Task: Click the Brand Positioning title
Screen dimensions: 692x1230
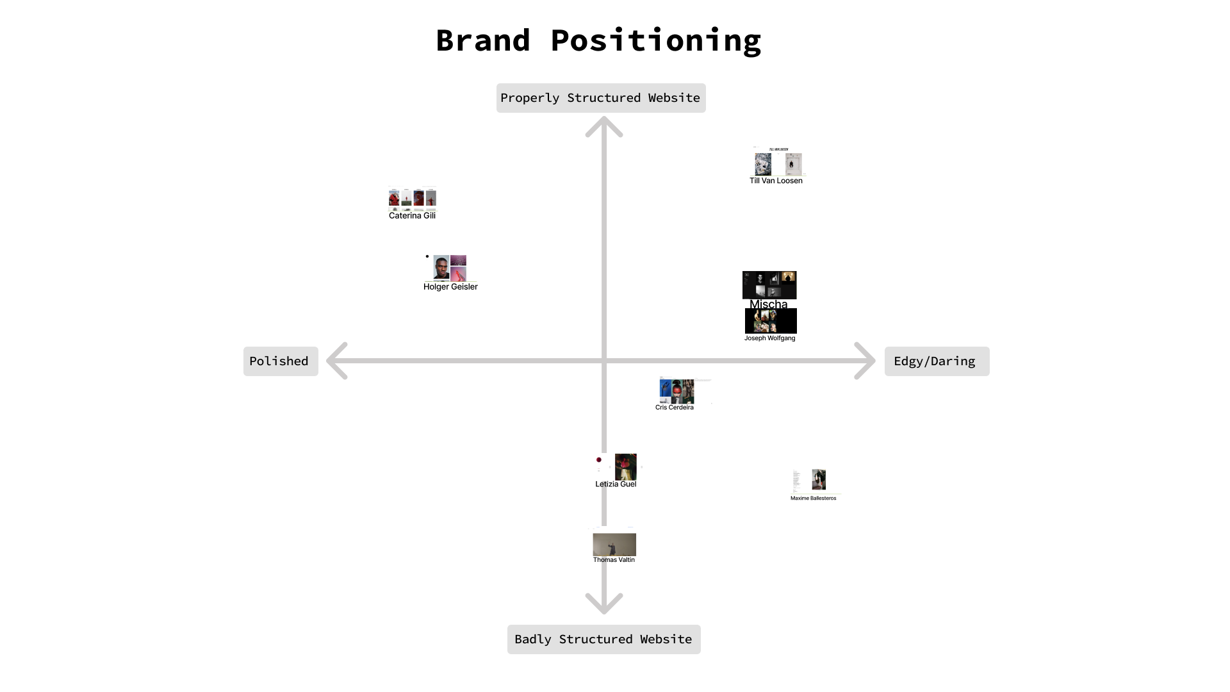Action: tap(598, 40)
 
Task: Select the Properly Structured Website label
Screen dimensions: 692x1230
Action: tap(600, 98)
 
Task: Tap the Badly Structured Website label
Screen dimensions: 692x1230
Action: tap(603, 639)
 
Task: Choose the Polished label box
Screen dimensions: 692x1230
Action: tap(280, 361)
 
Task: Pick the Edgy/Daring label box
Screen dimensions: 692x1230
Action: tap(936, 361)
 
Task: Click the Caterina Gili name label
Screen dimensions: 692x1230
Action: tap(412, 216)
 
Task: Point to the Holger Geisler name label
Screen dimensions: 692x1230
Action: tap(450, 287)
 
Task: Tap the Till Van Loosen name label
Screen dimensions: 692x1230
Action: tap(776, 181)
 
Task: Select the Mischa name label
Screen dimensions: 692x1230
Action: tap(768, 304)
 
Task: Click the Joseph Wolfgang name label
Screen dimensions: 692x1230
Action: tap(769, 338)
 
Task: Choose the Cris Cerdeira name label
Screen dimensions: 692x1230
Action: tap(674, 408)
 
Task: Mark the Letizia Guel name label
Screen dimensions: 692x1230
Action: tap(616, 484)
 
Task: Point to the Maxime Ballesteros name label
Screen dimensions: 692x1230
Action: tap(813, 498)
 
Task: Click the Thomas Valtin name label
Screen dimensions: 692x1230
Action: tap(614, 560)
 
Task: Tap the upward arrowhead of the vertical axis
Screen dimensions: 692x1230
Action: tap(604, 125)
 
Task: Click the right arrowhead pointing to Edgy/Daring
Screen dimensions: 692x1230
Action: tap(866, 361)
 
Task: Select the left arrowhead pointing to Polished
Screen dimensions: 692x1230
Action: tap(336, 361)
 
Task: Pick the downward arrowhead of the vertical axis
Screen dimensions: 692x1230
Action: tap(604, 604)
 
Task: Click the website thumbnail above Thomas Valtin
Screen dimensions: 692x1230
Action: tap(614, 544)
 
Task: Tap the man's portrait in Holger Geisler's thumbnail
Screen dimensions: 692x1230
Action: tap(441, 267)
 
